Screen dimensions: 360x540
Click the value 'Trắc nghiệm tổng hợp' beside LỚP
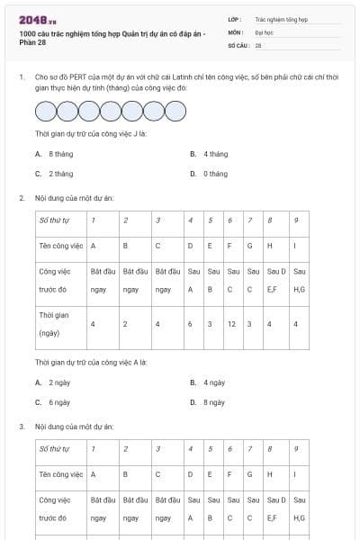(x=282, y=18)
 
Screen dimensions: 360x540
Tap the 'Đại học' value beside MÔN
(x=265, y=31)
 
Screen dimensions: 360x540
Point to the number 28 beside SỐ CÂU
(x=258, y=44)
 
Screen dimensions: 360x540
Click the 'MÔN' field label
(x=235, y=31)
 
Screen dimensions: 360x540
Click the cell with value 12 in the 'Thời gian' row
(x=232, y=324)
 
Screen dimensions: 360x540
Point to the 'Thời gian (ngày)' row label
(x=50, y=324)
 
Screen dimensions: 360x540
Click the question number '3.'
(x=22, y=425)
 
